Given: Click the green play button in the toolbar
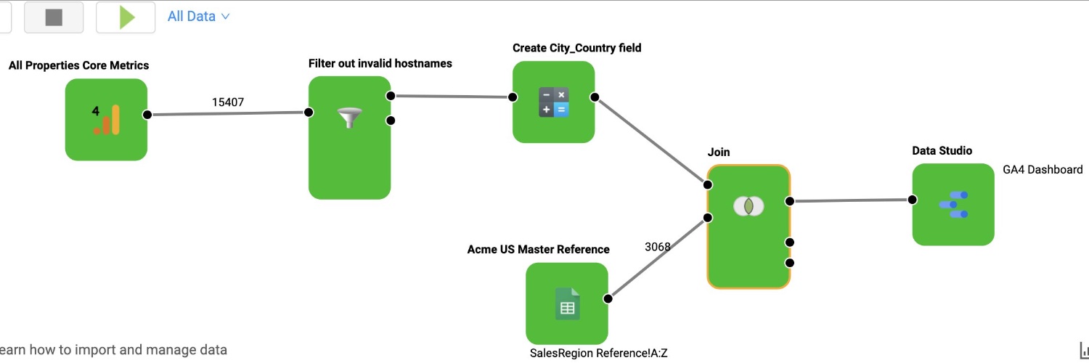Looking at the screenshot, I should pos(126,17).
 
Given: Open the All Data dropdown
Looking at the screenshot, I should pos(198,16).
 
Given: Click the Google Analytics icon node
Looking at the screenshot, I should pos(106,120).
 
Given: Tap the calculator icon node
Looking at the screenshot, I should pos(553,102).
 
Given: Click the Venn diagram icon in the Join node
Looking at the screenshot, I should pos(748,206).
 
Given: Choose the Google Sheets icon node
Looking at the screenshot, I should pos(567,303).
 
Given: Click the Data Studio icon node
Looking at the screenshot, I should pos(953,204).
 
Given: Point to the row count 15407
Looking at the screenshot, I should pos(227,102).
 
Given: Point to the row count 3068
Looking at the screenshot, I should pos(658,247).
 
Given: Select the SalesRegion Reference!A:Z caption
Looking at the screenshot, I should pos(599,354).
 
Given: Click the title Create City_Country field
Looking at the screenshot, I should pos(576,48).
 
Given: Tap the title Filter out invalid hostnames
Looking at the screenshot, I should pos(380,64).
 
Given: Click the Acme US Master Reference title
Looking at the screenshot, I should pos(538,250).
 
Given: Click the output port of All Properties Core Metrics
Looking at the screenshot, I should pos(147,115).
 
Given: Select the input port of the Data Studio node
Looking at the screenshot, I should pos(912,200).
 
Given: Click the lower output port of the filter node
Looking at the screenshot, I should pos(391,121).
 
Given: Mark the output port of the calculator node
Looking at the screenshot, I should pos(595,97).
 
